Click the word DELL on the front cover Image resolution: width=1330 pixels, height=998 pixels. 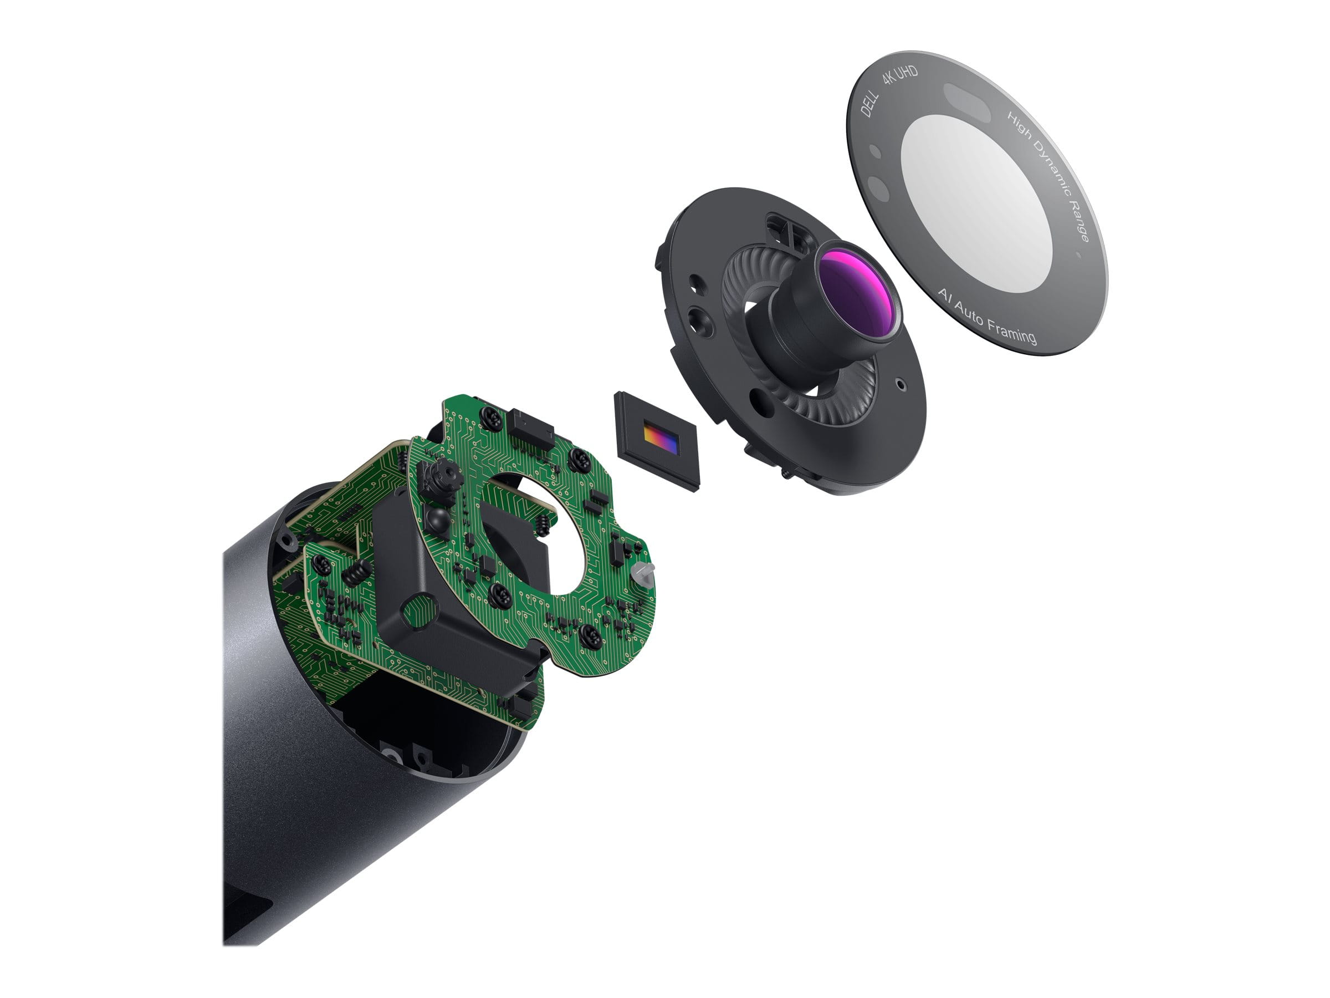[x=870, y=105]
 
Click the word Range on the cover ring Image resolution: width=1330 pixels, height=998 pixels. [x=1080, y=222]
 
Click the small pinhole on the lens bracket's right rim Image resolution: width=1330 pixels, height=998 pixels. [x=899, y=383]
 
